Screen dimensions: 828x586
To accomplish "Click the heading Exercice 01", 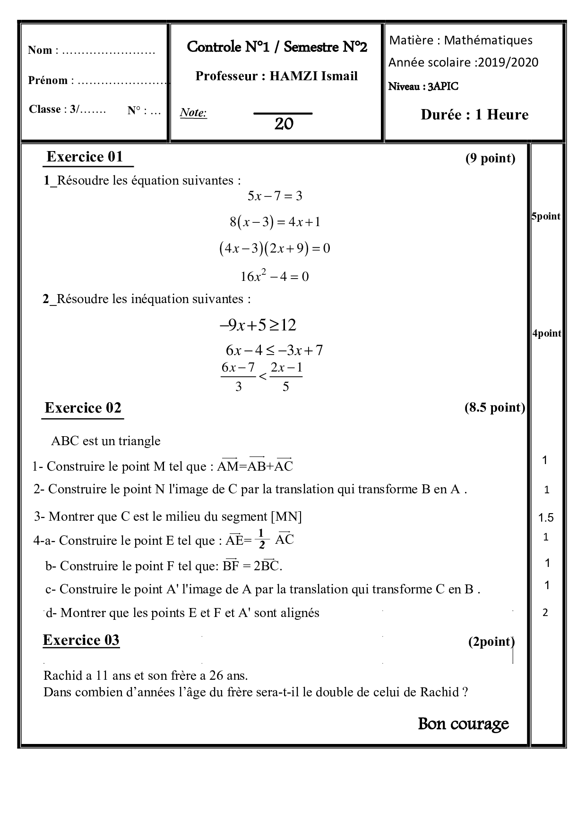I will (x=85, y=157).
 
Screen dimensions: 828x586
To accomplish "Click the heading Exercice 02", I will (x=83, y=408).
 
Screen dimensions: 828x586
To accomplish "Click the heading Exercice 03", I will (x=81, y=640).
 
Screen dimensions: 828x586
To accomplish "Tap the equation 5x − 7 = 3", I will (x=275, y=196).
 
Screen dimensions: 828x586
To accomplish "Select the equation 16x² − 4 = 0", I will (x=275, y=276).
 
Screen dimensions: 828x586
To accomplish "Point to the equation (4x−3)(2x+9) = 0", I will (x=275, y=248).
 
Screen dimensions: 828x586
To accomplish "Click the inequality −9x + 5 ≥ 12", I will (x=258, y=325).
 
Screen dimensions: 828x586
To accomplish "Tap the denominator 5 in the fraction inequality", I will (x=285, y=387).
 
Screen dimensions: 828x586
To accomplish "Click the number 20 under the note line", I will (x=284, y=124).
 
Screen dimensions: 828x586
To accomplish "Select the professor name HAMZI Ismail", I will (x=313, y=76).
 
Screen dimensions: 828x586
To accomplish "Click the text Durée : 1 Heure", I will (x=474, y=115).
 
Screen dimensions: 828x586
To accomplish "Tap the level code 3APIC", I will (x=443, y=86).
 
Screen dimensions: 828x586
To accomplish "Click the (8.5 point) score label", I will (x=494, y=407).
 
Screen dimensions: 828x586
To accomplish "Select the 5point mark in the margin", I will (x=546, y=217).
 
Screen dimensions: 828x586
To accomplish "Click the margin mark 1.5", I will (x=546, y=518).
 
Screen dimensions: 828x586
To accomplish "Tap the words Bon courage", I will (x=463, y=724).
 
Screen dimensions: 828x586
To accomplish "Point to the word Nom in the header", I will (x=40, y=51).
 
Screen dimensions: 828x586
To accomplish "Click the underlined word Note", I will (x=193, y=113).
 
